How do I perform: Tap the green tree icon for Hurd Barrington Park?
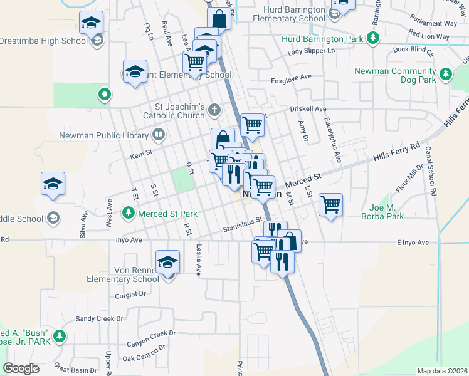[373, 38]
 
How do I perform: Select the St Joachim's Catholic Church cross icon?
[214, 110]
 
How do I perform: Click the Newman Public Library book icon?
[159, 133]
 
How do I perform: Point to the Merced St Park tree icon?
[129, 213]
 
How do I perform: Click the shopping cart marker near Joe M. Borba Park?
[330, 204]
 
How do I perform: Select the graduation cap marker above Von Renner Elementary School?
[167, 261]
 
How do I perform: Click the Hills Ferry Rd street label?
[396, 152]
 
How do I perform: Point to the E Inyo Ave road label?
[412, 243]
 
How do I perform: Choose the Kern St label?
[141, 152]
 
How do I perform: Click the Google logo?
[21, 368]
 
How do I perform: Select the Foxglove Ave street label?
[291, 77]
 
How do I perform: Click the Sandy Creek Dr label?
[100, 318]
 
